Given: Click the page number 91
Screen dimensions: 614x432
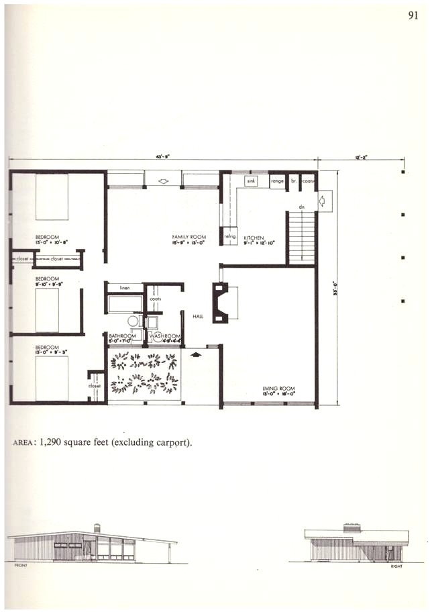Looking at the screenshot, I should pyautogui.click(x=413, y=17).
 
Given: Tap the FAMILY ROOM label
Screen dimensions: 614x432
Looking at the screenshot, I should pyautogui.click(x=183, y=238).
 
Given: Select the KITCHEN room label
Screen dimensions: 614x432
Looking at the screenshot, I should pyautogui.click(x=254, y=238).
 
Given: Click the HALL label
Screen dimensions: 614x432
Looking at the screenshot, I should pyautogui.click(x=197, y=315).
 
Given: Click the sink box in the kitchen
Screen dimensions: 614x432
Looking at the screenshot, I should pyautogui.click(x=252, y=181).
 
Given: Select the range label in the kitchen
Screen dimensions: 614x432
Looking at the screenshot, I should pyautogui.click(x=277, y=181).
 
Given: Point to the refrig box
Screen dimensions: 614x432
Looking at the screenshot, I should pyautogui.click(x=228, y=237).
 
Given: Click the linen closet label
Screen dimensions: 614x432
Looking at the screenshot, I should pyautogui.click(x=125, y=287).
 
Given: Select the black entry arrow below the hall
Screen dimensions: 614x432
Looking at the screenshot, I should pyautogui.click(x=196, y=354).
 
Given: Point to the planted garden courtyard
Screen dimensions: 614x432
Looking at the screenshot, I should pyautogui.click(x=144, y=375).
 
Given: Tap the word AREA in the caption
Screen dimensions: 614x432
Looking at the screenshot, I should pyautogui.click(x=25, y=442).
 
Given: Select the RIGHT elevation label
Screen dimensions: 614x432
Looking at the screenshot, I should pyautogui.click(x=395, y=566).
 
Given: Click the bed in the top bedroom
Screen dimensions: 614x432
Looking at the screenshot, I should pyautogui.click(x=52, y=197).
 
